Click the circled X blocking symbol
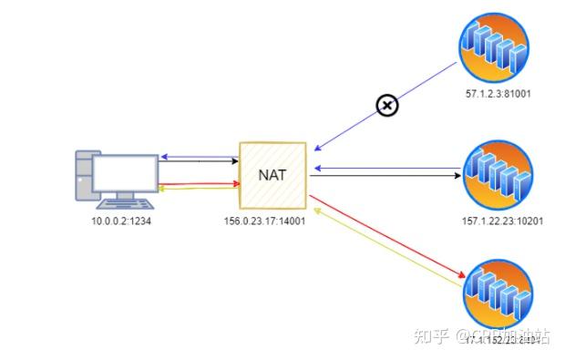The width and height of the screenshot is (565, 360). pos(387,106)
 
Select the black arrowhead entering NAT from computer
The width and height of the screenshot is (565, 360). pos(232,163)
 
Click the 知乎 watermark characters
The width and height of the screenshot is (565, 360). pos(431,337)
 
